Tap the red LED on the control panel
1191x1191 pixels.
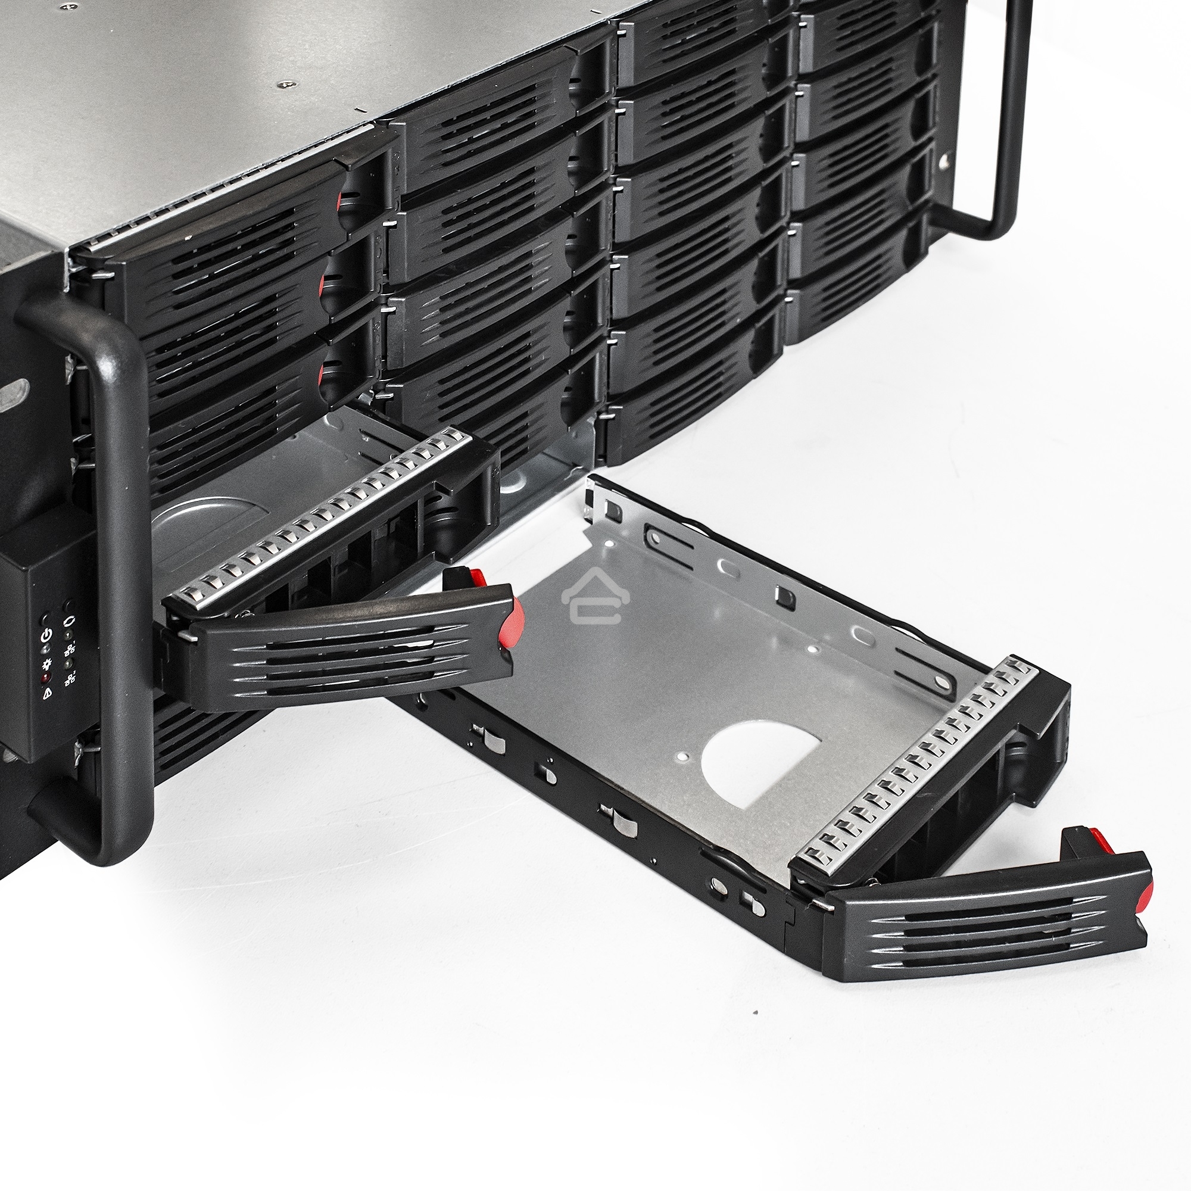click(46, 679)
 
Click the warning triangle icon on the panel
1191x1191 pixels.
click(48, 696)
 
